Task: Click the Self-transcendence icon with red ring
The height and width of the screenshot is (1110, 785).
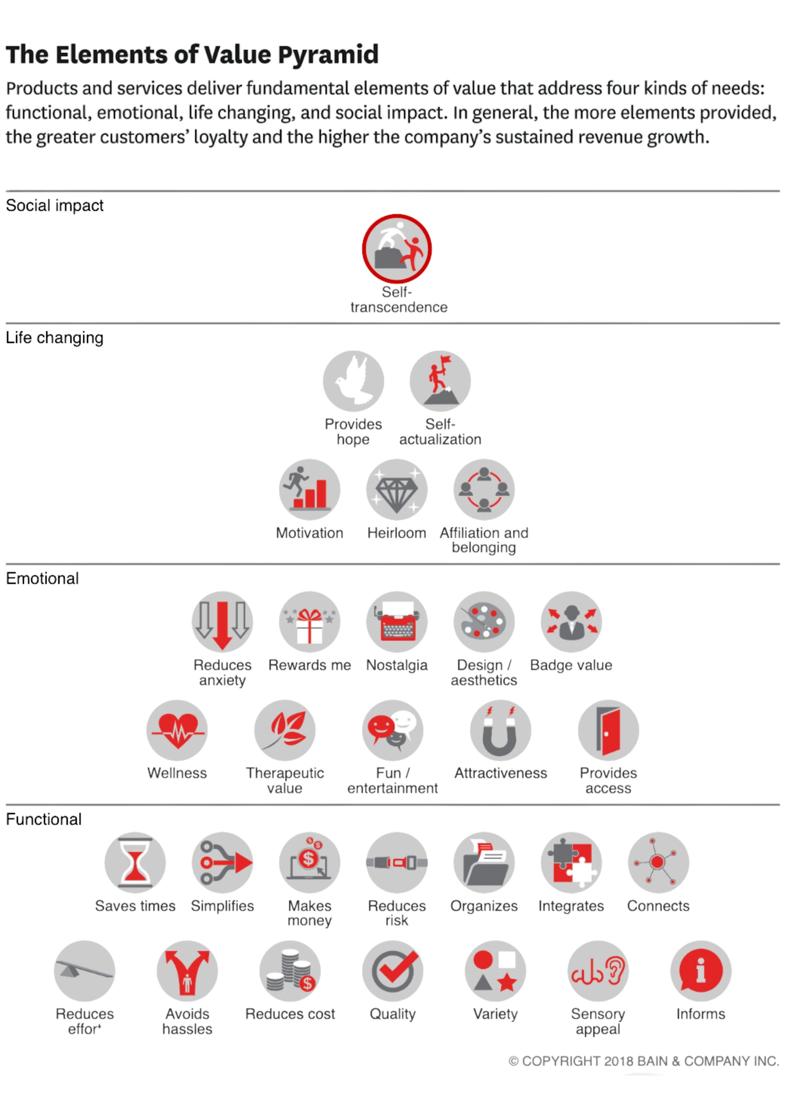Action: pyautogui.click(x=397, y=248)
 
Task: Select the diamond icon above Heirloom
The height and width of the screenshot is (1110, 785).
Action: pyautogui.click(x=397, y=489)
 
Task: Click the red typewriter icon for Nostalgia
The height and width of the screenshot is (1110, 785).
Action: pyautogui.click(x=397, y=622)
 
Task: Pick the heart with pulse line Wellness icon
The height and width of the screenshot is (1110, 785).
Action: pyautogui.click(x=177, y=730)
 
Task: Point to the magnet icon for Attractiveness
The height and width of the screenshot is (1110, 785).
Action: pyautogui.click(x=500, y=730)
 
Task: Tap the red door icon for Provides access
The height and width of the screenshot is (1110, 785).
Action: pyautogui.click(x=608, y=730)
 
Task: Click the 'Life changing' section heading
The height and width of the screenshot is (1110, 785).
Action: pyautogui.click(x=55, y=337)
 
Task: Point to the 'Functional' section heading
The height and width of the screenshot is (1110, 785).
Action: pyautogui.click(x=44, y=819)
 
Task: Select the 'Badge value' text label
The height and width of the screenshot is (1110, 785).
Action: pyautogui.click(x=571, y=665)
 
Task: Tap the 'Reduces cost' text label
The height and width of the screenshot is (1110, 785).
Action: pyautogui.click(x=290, y=1014)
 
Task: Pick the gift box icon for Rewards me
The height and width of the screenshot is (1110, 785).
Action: pyautogui.click(x=310, y=622)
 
